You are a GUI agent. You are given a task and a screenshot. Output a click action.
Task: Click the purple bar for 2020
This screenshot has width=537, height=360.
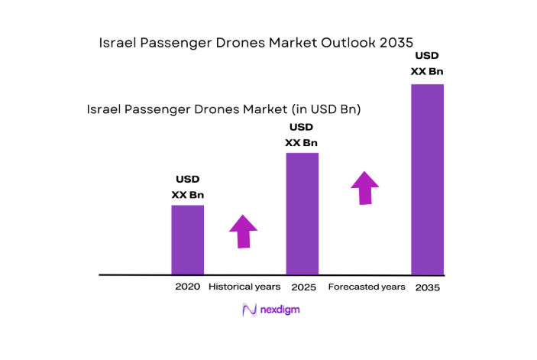187,239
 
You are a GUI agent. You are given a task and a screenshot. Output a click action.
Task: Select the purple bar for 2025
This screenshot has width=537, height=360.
302,213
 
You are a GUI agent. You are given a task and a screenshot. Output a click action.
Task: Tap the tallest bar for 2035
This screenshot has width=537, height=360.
427,179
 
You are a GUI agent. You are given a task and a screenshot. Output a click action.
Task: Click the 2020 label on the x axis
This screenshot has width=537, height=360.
187,287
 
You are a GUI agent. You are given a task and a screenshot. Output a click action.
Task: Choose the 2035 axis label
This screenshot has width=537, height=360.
428,287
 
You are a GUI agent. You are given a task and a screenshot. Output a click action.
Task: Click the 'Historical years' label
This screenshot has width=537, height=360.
244,287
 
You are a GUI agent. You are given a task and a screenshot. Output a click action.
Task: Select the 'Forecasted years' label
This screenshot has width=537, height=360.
367,287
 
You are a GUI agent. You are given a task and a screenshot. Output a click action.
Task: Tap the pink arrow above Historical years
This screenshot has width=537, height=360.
244,231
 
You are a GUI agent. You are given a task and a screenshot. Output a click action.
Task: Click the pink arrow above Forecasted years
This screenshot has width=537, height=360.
365,188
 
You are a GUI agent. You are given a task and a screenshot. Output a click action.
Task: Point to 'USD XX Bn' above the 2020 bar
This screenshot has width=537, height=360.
187,187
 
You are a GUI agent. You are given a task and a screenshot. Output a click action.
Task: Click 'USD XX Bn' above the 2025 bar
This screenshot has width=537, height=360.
302,135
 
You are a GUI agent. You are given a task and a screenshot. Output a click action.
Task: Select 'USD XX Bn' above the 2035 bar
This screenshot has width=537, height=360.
427,63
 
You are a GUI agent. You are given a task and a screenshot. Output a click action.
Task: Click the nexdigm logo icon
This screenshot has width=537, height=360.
249,310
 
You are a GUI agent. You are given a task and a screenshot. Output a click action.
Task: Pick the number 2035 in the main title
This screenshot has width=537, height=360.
396,43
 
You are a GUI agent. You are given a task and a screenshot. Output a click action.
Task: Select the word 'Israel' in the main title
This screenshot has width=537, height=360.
116,43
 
